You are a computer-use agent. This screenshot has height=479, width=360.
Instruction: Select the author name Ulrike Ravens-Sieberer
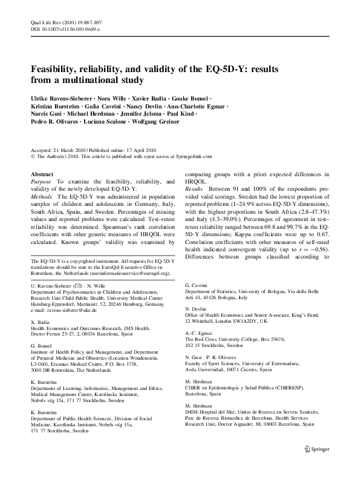pos(66,98)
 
